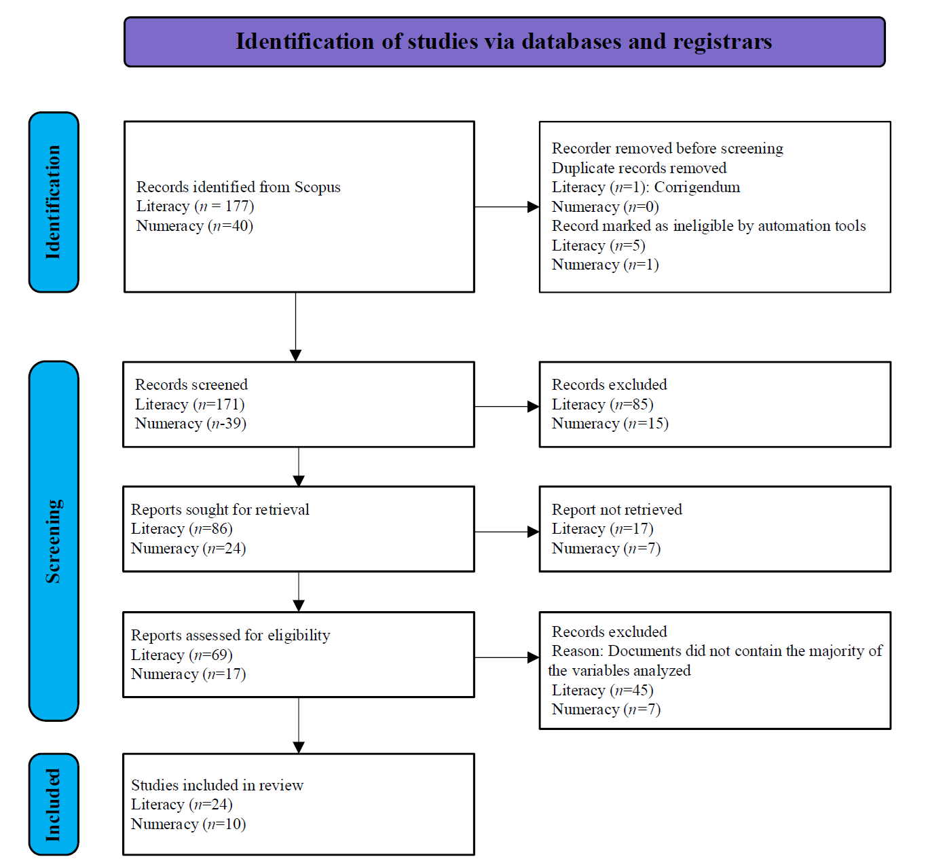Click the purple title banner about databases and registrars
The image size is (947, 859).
[504, 42]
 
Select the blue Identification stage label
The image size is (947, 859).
[54, 202]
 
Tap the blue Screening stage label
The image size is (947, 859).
[54, 541]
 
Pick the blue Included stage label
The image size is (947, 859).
[54, 804]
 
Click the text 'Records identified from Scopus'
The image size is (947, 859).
[238, 187]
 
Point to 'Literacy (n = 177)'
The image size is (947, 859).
[196, 206]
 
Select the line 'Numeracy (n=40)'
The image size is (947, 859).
[195, 225]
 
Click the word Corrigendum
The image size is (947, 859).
[697, 187]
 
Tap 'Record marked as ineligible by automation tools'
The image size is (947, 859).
[709, 225]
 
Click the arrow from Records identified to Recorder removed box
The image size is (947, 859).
[507, 207]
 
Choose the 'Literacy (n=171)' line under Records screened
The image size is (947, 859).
[190, 404]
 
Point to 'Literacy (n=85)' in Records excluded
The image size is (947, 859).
[603, 404]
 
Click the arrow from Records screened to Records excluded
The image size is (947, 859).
[507, 406]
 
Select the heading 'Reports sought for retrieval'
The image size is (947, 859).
[220, 509]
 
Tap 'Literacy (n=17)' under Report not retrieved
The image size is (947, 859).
[603, 529]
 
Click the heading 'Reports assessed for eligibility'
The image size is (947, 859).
[230, 635]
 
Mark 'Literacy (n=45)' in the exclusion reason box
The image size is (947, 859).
[603, 691]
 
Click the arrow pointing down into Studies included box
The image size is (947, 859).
[299, 725]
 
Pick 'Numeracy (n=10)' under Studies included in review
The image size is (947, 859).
[188, 824]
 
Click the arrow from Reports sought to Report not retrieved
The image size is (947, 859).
[507, 532]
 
